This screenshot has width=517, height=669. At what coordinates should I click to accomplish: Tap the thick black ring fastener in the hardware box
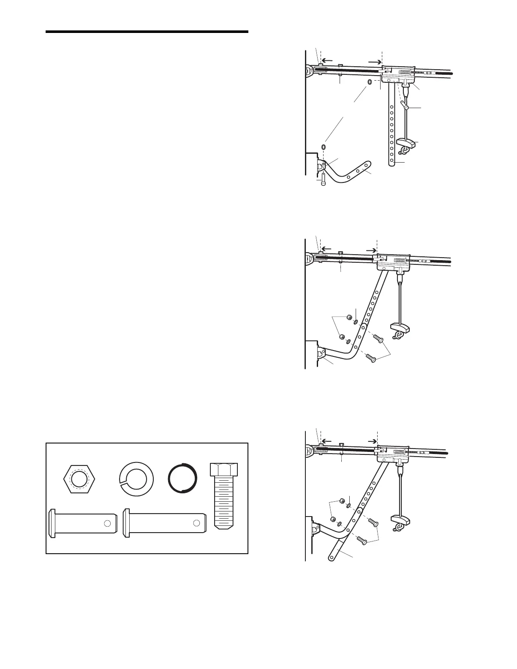coord(182,478)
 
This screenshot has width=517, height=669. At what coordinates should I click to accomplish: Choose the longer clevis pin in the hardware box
coord(165,523)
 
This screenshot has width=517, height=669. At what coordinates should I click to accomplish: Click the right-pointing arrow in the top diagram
coord(374,61)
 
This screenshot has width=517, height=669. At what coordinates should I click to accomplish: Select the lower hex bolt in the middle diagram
coord(370,358)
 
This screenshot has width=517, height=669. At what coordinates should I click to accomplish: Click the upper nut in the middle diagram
coord(349,317)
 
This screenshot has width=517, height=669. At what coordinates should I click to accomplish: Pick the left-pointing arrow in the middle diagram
coord(328,249)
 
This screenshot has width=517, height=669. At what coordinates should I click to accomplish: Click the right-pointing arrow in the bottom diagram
coord(371,441)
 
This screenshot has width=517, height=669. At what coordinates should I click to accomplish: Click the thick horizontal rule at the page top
coord(147,32)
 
